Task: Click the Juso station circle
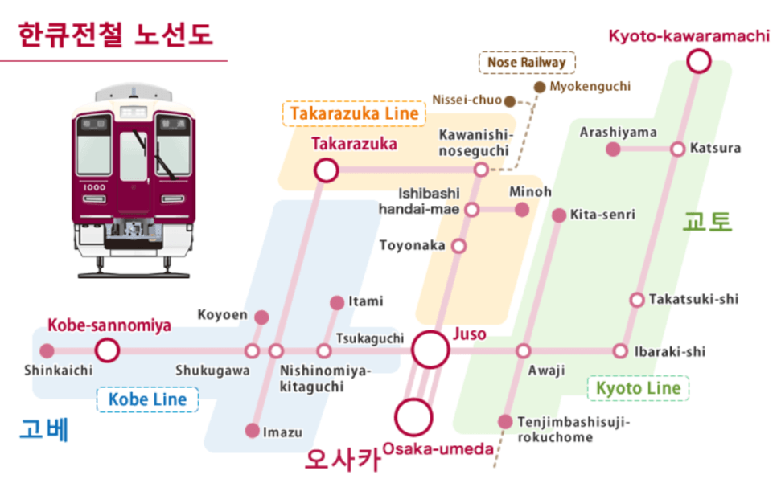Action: pos(430,350)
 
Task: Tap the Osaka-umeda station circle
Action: pos(414,416)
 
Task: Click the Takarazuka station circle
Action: pos(326,170)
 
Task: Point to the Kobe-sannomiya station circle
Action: pos(107,350)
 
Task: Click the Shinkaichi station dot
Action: pos(47,350)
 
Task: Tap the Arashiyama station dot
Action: pos(613,149)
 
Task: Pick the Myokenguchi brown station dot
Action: pos(539,86)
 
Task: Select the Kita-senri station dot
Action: pos(559,215)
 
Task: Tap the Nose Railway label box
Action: pos(527,62)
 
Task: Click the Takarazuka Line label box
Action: pos(354,113)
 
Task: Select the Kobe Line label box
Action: pos(147,399)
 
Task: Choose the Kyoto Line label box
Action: pos(638,388)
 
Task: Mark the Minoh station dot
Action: pos(522,210)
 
